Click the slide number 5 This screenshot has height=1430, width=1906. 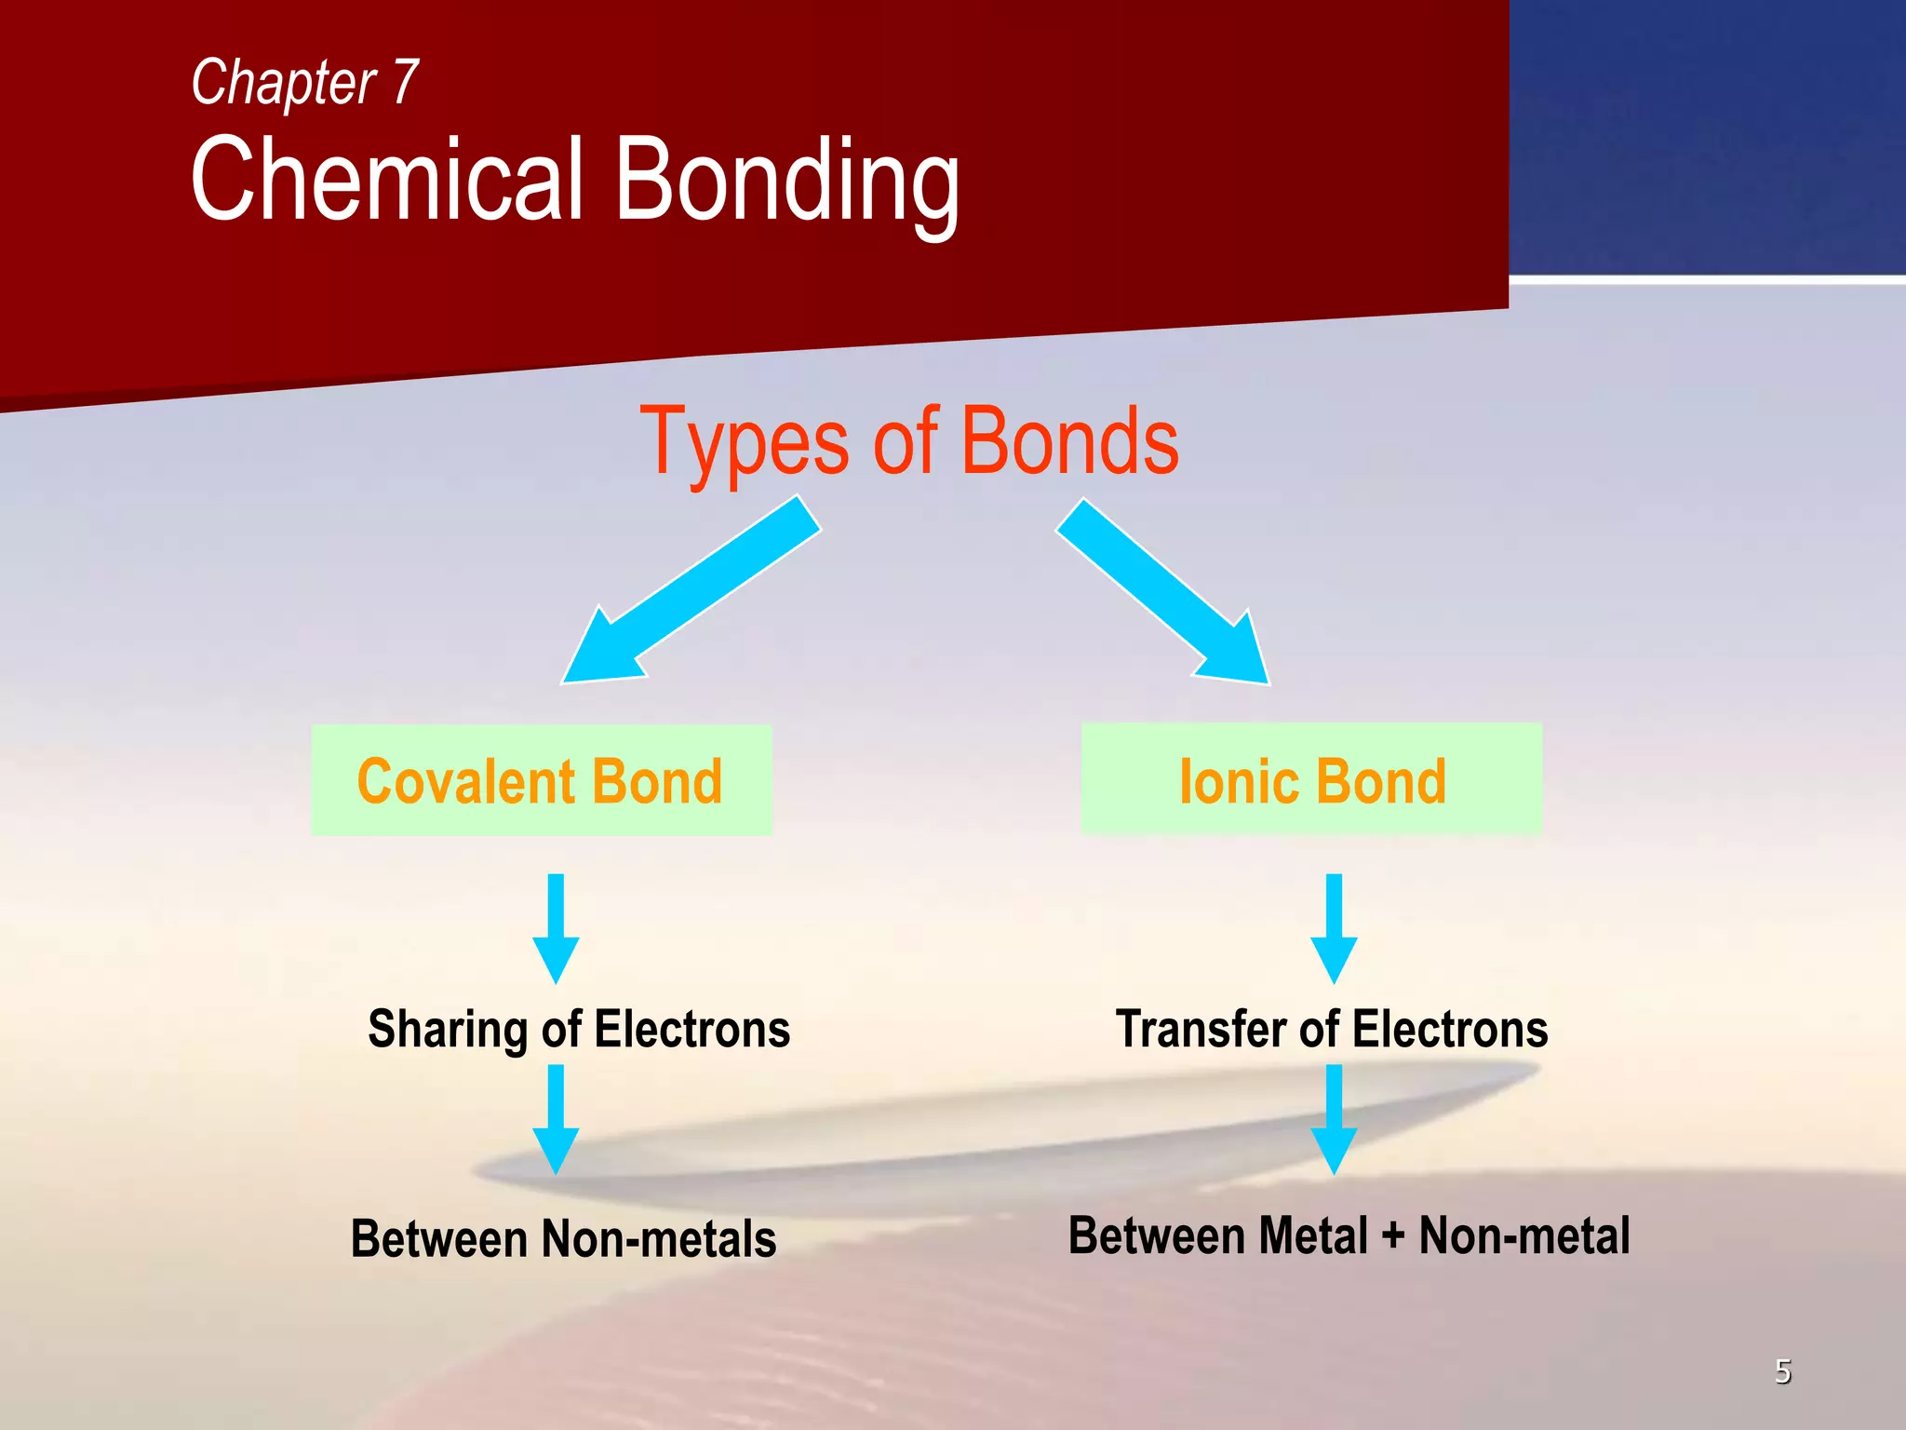[1782, 1371]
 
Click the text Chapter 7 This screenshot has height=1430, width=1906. [304, 83]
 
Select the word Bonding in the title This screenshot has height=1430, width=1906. [786, 182]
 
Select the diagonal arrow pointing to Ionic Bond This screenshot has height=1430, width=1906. [1163, 591]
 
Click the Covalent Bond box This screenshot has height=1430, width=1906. [541, 780]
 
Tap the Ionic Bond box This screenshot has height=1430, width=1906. [1311, 780]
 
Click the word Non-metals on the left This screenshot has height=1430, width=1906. [658, 1239]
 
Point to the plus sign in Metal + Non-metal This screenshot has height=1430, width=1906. [1392, 1236]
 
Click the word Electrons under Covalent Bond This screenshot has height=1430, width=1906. [691, 1030]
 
